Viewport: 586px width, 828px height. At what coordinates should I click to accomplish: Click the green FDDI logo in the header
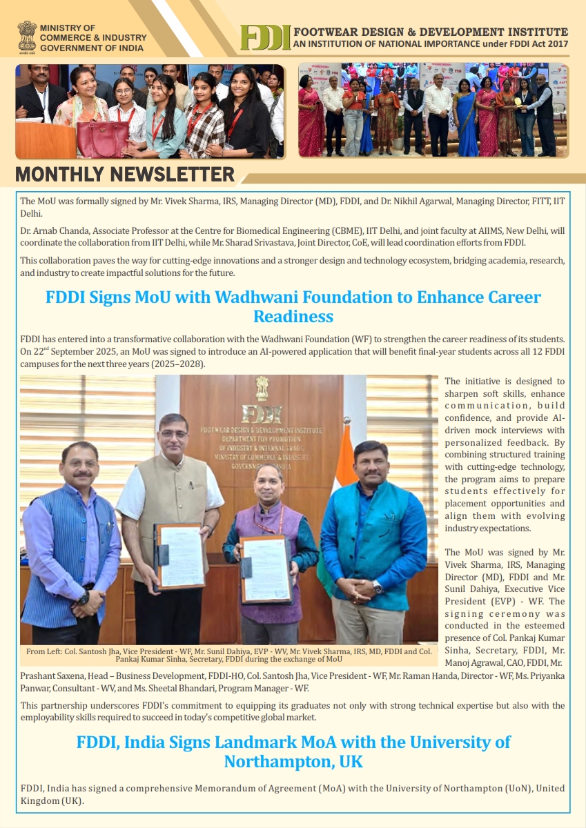click(265, 38)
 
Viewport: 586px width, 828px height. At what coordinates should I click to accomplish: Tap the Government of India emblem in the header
click(27, 36)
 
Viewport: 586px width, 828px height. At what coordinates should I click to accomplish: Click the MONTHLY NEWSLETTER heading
click(125, 174)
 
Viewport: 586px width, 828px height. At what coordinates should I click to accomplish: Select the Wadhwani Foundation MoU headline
click(293, 307)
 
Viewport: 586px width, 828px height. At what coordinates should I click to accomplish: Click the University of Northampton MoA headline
click(293, 751)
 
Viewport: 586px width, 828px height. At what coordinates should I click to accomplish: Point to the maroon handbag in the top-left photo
click(102, 137)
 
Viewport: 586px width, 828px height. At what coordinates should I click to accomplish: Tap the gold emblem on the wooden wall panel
click(262, 388)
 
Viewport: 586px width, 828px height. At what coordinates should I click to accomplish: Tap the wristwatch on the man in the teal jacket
click(378, 587)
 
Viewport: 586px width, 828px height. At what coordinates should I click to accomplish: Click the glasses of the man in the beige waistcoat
click(174, 433)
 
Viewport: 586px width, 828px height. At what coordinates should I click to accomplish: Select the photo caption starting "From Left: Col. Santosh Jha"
click(228, 655)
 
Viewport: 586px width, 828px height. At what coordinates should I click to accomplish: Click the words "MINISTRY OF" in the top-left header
click(67, 28)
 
